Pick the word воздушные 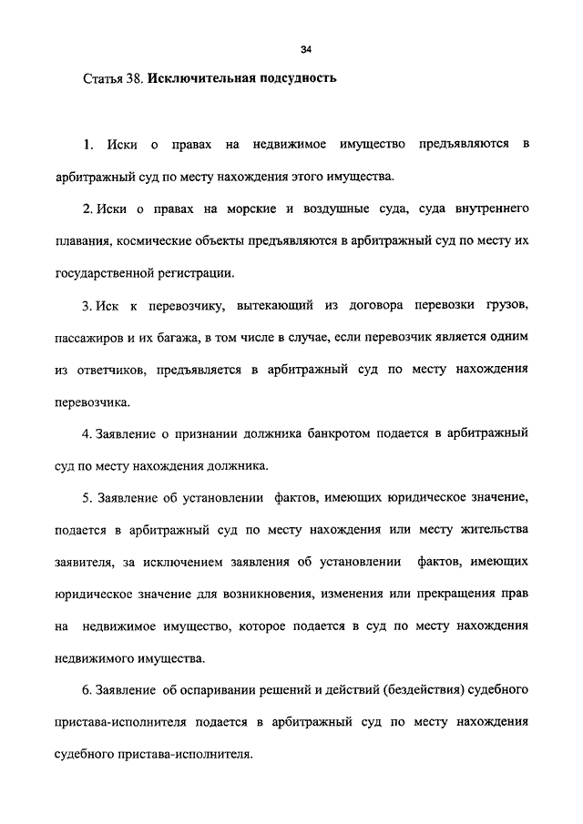coord(338,210)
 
